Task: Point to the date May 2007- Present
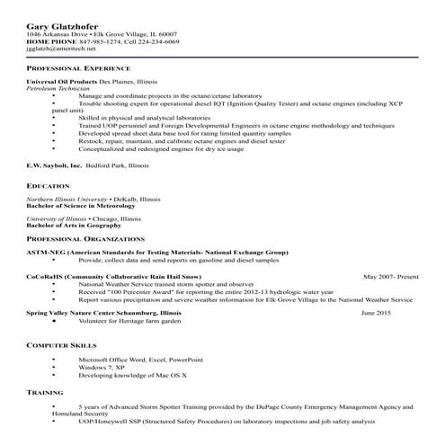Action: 391,276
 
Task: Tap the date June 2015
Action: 376,312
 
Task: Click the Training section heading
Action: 45,393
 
